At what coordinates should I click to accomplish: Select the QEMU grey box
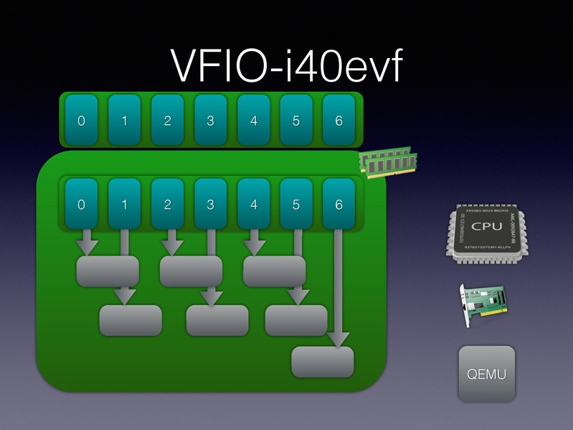(487, 373)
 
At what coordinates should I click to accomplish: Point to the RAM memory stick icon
(388, 162)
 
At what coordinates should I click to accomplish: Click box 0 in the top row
(81, 121)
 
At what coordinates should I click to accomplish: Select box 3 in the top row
(210, 121)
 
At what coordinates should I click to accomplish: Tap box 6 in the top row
(339, 121)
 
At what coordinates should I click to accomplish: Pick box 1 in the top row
(124, 121)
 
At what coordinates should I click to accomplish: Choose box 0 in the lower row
(81, 205)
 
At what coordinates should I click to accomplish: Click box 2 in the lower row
(167, 205)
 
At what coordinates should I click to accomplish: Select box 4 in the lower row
(253, 205)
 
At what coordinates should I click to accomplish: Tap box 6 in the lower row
(339, 205)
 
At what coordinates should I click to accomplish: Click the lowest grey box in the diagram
(323, 362)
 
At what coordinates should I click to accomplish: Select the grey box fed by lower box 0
(108, 271)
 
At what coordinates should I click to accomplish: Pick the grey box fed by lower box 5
(295, 320)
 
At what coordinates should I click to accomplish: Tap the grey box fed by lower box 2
(191, 271)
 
